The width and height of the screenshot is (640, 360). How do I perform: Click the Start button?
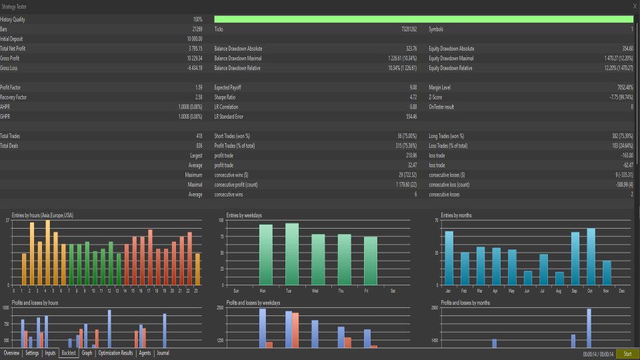click(627, 353)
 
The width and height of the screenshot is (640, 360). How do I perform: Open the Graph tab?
click(87, 353)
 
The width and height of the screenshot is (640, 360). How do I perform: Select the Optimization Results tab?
click(116, 353)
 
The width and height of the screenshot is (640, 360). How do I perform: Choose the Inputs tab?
click(50, 353)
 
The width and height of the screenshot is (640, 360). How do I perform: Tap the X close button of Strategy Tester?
click(633, 6)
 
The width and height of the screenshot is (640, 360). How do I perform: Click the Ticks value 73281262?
click(405, 29)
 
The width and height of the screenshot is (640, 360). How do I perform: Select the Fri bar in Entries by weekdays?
click(371, 260)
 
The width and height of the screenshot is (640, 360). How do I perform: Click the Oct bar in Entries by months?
click(591, 257)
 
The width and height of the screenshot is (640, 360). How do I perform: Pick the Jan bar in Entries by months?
click(449, 258)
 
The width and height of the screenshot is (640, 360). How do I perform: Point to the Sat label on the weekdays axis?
click(393, 291)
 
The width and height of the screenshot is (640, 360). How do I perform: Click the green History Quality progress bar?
click(423, 19)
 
